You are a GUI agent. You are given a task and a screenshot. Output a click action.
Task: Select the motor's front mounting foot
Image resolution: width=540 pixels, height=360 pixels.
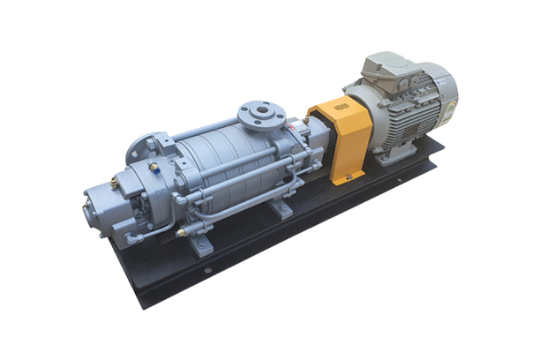pyautogui.click(x=388, y=159)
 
